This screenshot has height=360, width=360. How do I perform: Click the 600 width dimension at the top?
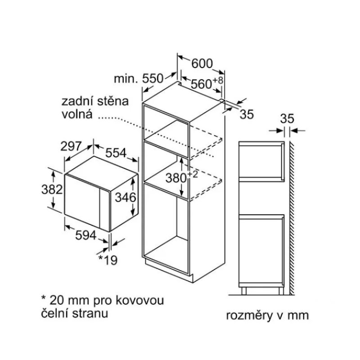(x=202, y=63)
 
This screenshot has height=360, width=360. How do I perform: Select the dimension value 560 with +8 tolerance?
(x=207, y=83)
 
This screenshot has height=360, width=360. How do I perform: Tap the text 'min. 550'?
(x=139, y=78)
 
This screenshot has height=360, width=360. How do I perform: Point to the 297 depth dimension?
(x=71, y=146)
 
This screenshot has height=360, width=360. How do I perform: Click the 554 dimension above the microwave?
(x=116, y=153)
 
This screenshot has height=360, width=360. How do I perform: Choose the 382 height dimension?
(x=52, y=189)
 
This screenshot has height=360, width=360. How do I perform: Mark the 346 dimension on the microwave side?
(x=126, y=197)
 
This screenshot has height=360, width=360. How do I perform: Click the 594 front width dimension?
(x=86, y=235)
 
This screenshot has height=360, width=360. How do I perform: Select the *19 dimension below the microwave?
(x=108, y=260)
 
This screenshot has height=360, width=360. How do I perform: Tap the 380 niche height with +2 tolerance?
(x=181, y=177)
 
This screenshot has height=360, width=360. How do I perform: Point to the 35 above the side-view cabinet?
(x=287, y=119)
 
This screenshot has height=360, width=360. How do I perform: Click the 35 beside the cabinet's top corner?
(x=247, y=114)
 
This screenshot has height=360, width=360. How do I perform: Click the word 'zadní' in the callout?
(x=76, y=102)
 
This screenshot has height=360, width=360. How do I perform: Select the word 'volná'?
(x=77, y=114)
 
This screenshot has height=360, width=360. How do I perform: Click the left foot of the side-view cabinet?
(x=244, y=291)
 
